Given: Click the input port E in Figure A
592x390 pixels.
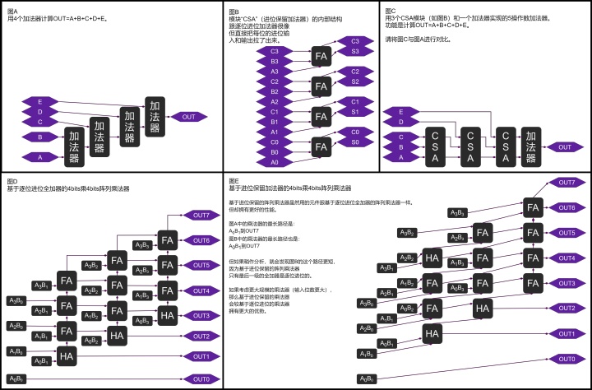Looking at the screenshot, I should (40, 100).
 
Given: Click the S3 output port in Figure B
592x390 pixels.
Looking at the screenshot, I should (354, 51).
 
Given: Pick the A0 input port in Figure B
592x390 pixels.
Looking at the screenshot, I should (274, 162).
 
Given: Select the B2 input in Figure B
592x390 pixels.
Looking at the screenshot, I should (274, 91).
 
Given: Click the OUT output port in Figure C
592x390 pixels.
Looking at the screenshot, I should (564, 147).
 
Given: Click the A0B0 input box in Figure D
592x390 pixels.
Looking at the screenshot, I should (16, 378).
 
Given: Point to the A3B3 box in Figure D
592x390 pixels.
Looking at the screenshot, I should (141, 244).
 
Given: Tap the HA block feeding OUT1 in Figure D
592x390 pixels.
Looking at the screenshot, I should (66, 355).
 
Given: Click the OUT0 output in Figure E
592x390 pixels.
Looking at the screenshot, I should (567, 360).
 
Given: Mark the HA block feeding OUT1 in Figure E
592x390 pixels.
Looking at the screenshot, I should (431, 333).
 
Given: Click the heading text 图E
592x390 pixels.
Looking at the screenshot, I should (234, 181).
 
